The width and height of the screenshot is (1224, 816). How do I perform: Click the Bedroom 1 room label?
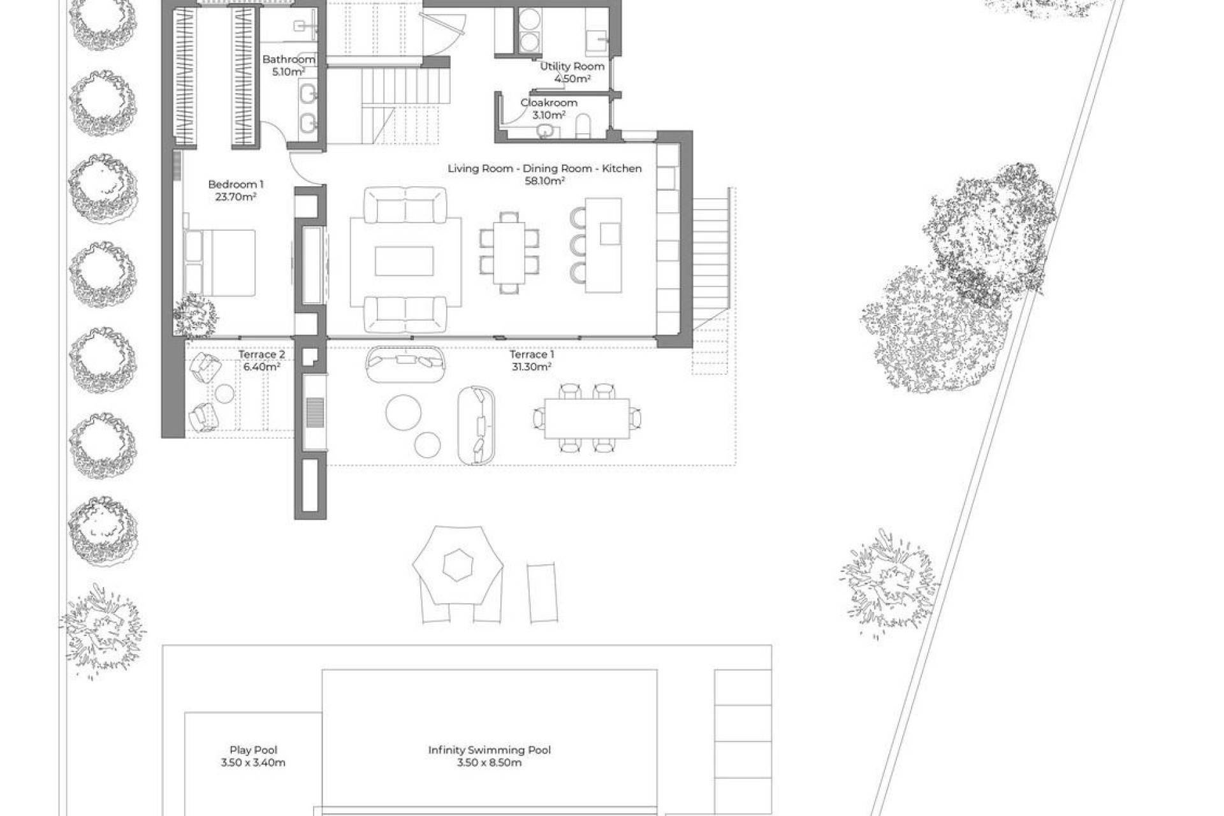tap(235, 184)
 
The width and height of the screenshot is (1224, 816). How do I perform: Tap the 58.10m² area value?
tap(544, 180)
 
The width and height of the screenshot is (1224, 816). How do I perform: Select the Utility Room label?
tap(572, 66)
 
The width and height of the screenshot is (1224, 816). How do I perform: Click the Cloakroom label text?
tap(549, 103)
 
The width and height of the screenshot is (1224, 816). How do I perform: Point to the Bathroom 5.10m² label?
tap(289, 65)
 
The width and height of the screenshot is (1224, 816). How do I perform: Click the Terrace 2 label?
tap(261, 354)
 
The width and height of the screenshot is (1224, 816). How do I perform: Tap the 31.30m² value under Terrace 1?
tap(531, 367)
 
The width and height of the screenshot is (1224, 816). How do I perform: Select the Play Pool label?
tap(253, 750)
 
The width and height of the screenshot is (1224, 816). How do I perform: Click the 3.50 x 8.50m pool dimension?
tap(489, 762)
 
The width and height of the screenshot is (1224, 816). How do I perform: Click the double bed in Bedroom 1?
tap(220, 263)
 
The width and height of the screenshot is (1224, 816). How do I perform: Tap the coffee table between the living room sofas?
tap(404, 261)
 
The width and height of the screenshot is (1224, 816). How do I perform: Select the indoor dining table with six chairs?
tap(509, 253)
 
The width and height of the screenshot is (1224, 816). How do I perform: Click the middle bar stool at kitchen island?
tap(578, 245)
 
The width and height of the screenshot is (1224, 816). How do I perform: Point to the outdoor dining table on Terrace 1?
tap(586, 418)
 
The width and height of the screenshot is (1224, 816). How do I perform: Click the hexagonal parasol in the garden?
tap(458, 564)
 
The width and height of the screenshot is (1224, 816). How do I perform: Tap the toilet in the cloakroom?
tap(583, 126)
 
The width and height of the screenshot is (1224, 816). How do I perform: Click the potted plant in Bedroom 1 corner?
tap(195, 316)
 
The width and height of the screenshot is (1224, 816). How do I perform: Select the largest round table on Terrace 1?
tap(403, 412)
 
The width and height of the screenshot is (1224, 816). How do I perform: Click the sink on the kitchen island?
tap(609, 233)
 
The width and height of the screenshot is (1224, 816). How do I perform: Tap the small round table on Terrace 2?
tap(224, 394)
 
